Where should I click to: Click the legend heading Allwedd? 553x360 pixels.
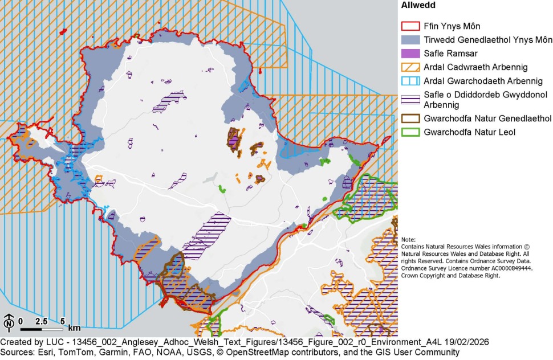tap(418, 6)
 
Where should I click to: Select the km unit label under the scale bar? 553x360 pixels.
tap(74, 328)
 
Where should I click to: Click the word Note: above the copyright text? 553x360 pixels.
tap(408, 240)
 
